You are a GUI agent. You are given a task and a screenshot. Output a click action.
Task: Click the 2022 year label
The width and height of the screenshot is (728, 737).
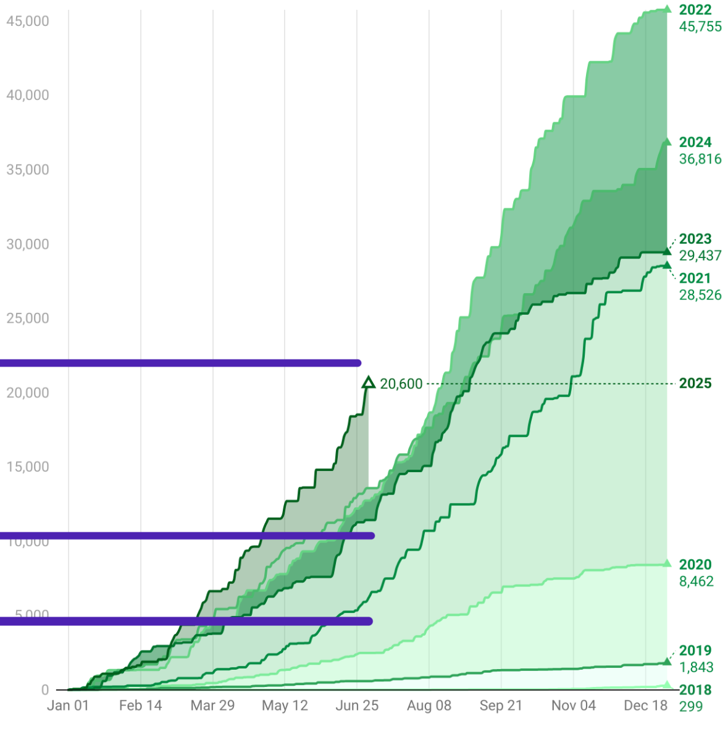(x=695, y=10)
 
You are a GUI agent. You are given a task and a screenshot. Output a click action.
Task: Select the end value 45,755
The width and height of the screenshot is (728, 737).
(x=700, y=27)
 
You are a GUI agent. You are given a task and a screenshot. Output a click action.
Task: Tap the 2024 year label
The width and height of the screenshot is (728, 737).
(x=695, y=143)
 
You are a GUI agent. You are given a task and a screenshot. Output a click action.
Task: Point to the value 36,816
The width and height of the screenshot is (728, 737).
(x=700, y=159)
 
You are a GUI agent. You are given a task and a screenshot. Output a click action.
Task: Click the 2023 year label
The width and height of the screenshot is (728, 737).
(x=695, y=239)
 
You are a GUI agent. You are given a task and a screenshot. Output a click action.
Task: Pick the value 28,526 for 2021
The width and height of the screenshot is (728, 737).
(x=700, y=295)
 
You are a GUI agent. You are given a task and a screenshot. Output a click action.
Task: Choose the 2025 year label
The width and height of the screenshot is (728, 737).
(x=695, y=383)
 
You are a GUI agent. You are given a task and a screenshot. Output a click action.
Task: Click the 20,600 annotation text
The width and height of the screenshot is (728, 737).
(x=401, y=384)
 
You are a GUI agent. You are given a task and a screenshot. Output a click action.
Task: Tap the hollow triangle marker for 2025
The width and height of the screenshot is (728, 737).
(x=368, y=383)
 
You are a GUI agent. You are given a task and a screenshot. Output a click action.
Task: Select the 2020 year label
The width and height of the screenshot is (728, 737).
(x=695, y=565)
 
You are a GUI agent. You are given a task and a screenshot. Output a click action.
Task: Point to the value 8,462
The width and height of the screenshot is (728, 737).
(x=696, y=581)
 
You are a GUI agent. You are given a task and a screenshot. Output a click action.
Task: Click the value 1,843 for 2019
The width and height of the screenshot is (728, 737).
(x=696, y=667)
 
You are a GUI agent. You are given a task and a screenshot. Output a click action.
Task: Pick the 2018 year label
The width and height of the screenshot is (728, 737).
(x=695, y=690)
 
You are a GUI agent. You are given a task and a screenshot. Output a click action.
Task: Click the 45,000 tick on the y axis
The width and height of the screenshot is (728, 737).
(x=28, y=21)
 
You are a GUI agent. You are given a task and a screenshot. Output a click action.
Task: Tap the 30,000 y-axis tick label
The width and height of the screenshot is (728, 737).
(x=28, y=244)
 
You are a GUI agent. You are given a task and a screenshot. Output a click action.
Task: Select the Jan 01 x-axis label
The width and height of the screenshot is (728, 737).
(x=68, y=706)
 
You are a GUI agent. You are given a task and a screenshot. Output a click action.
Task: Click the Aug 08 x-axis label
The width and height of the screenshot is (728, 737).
(x=429, y=706)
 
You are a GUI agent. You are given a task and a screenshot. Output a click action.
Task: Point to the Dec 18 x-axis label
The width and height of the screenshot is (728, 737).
(x=645, y=706)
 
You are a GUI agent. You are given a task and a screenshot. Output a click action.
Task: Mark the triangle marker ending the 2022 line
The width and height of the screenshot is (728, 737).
(x=667, y=9)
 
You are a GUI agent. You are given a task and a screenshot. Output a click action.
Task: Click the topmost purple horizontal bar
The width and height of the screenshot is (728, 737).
(x=179, y=363)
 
